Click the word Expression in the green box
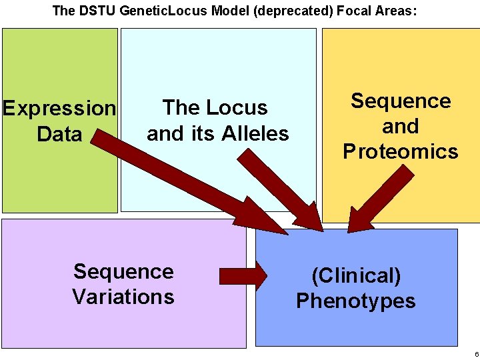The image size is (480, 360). pyautogui.click(x=59, y=108)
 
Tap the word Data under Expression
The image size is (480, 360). pyautogui.click(x=59, y=134)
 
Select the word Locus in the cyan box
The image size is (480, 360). pyautogui.click(x=238, y=107)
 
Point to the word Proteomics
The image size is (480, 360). pyautogui.click(x=401, y=151)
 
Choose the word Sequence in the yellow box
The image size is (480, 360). pyautogui.click(x=401, y=101)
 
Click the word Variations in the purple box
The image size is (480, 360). pyautogui.click(x=123, y=296)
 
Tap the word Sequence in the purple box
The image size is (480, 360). pyautogui.click(x=123, y=271)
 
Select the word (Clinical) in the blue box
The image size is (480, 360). pyautogui.click(x=356, y=275)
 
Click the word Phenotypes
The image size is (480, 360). pyautogui.click(x=356, y=301)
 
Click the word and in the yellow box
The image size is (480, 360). pyautogui.click(x=401, y=126)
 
